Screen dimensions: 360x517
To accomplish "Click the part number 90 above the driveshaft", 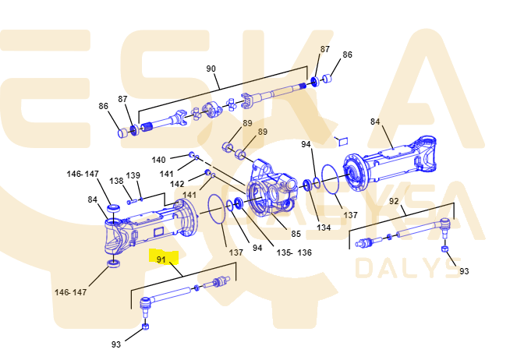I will tap(211, 69).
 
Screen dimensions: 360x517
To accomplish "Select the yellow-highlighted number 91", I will tap(161, 259).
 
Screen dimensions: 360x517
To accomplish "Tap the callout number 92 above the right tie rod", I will tap(394, 200).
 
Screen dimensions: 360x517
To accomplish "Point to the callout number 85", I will tap(296, 233).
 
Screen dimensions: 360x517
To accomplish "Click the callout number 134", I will tap(323, 228).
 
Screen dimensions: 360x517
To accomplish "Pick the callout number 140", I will tap(158, 160).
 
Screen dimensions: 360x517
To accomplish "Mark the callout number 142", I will tap(178, 184).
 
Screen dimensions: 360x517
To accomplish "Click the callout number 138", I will tap(116, 181).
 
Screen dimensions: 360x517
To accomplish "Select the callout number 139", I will tap(133, 175).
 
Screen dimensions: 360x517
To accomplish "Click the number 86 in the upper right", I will tap(347, 55).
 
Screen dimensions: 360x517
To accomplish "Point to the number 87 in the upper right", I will tap(325, 49).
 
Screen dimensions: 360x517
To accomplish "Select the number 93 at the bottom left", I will tap(116, 344).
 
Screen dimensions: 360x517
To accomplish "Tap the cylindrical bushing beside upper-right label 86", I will tap(328, 79).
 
